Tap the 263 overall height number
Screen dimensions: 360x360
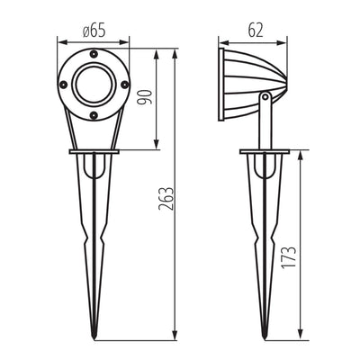point(168,195)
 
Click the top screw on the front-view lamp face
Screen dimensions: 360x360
point(94,58)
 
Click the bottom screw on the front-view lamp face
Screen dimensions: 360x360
point(94,117)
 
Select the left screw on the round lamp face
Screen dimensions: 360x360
point(64,88)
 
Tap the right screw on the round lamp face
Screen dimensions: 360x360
point(122,88)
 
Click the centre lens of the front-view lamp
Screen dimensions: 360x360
point(94,88)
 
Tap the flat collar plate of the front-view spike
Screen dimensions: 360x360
point(94,152)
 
